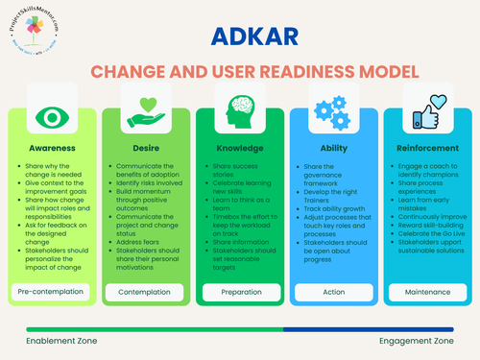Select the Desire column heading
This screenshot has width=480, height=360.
click(146, 149)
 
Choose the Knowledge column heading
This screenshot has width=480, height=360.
click(240, 149)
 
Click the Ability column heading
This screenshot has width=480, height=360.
click(333, 149)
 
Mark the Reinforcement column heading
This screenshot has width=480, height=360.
click(426, 149)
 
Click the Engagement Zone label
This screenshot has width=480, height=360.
click(417, 341)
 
